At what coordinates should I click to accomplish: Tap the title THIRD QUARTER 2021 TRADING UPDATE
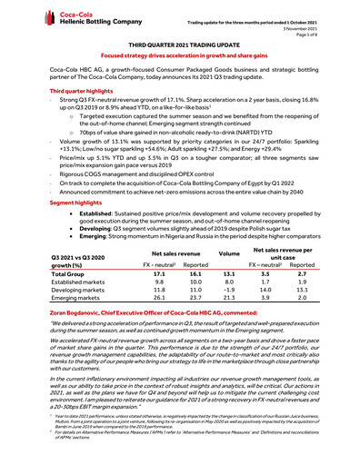point(180,44)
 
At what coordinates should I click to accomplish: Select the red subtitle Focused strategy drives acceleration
point(180,55)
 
